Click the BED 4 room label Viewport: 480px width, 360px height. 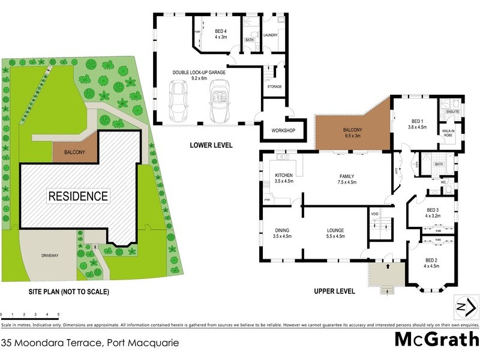coord(220,34)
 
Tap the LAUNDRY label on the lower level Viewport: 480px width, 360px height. coord(270,35)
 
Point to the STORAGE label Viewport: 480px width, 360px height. coord(275,86)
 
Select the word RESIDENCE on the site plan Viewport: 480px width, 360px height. coord(78,196)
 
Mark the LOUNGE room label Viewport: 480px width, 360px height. coord(335,233)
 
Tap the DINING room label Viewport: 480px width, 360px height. coord(282,233)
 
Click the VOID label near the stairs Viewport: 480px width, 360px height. coord(374,214)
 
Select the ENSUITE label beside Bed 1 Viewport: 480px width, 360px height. coord(452,112)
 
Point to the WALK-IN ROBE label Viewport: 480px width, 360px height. coord(448,133)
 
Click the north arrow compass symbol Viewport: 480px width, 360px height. coord(467,307)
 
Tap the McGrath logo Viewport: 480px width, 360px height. coord(436,339)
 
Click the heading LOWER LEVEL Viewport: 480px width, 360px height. coord(211,145)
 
